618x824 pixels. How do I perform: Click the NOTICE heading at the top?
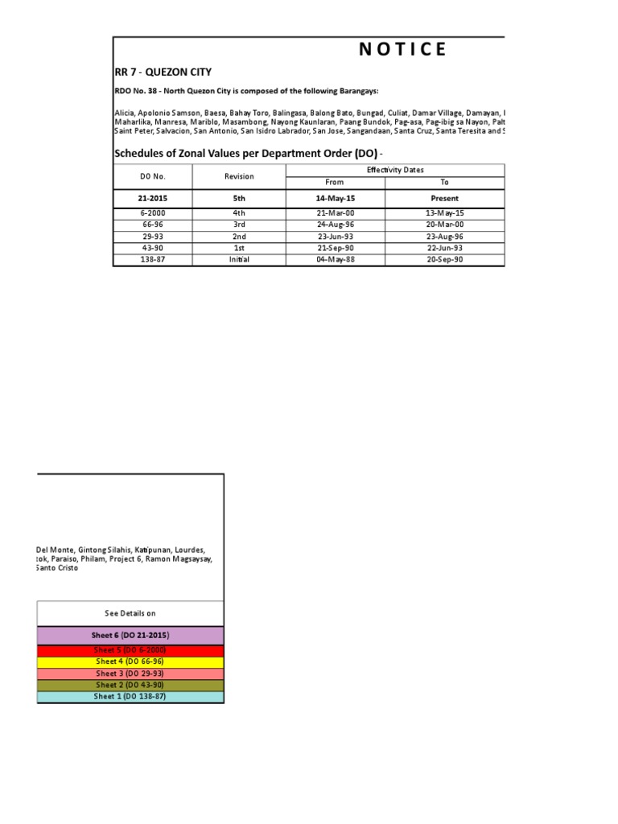[x=402, y=49]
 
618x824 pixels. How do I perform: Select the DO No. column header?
[x=152, y=176]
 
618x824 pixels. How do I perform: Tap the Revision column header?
[x=239, y=176]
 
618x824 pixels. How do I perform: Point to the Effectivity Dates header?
[x=395, y=170]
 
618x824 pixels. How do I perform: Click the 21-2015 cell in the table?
[x=152, y=198]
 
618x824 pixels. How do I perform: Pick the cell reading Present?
[x=444, y=198]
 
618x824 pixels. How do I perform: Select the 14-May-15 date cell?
[x=336, y=198]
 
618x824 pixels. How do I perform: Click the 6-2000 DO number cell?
[x=152, y=213]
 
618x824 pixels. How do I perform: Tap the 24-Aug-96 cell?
[x=336, y=225]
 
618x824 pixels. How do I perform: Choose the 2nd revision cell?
[x=239, y=237]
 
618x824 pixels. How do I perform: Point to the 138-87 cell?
[x=152, y=260]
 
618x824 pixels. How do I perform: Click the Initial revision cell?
[x=239, y=260]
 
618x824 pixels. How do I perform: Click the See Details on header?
[x=130, y=613]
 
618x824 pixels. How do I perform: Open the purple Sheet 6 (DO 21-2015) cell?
[x=130, y=636]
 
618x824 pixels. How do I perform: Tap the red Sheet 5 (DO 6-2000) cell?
[x=130, y=650]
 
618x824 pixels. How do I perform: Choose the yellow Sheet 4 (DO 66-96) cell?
[x=130, y=661]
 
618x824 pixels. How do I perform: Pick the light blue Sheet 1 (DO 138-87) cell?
[x=130, y=697]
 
